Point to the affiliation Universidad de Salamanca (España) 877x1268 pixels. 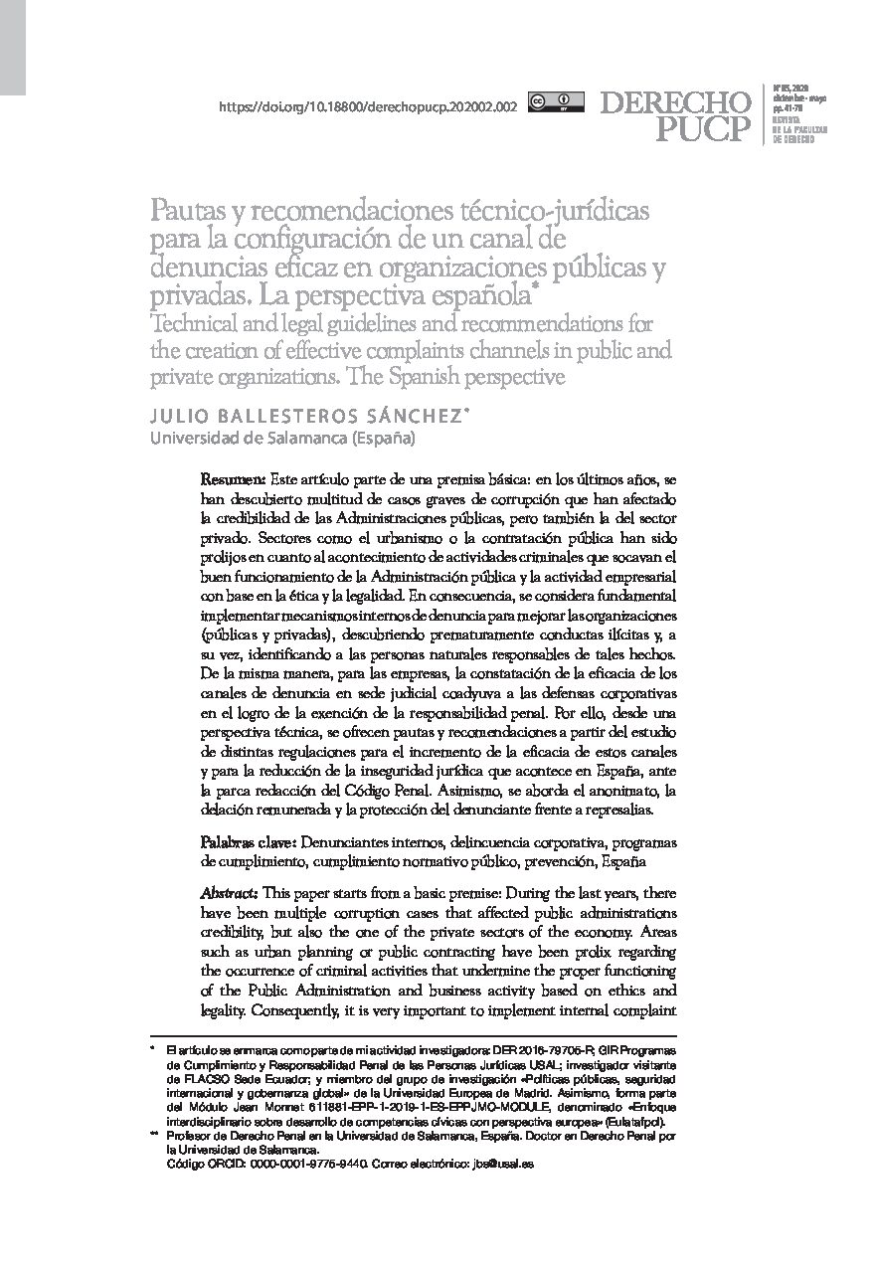[x=282, y=437]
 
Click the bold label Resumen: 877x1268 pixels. [x=233, y=479]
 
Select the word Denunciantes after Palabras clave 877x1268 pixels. [x=344, y=840]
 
